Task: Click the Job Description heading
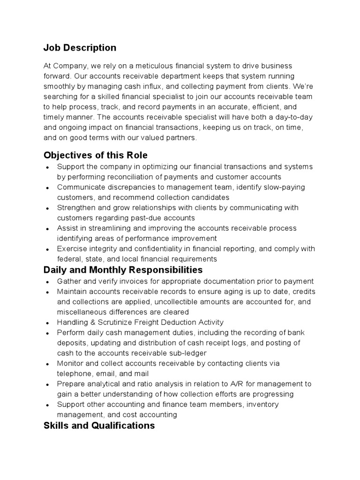80,48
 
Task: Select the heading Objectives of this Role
96,155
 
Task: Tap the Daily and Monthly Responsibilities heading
123,270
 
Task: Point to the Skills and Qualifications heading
99,425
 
